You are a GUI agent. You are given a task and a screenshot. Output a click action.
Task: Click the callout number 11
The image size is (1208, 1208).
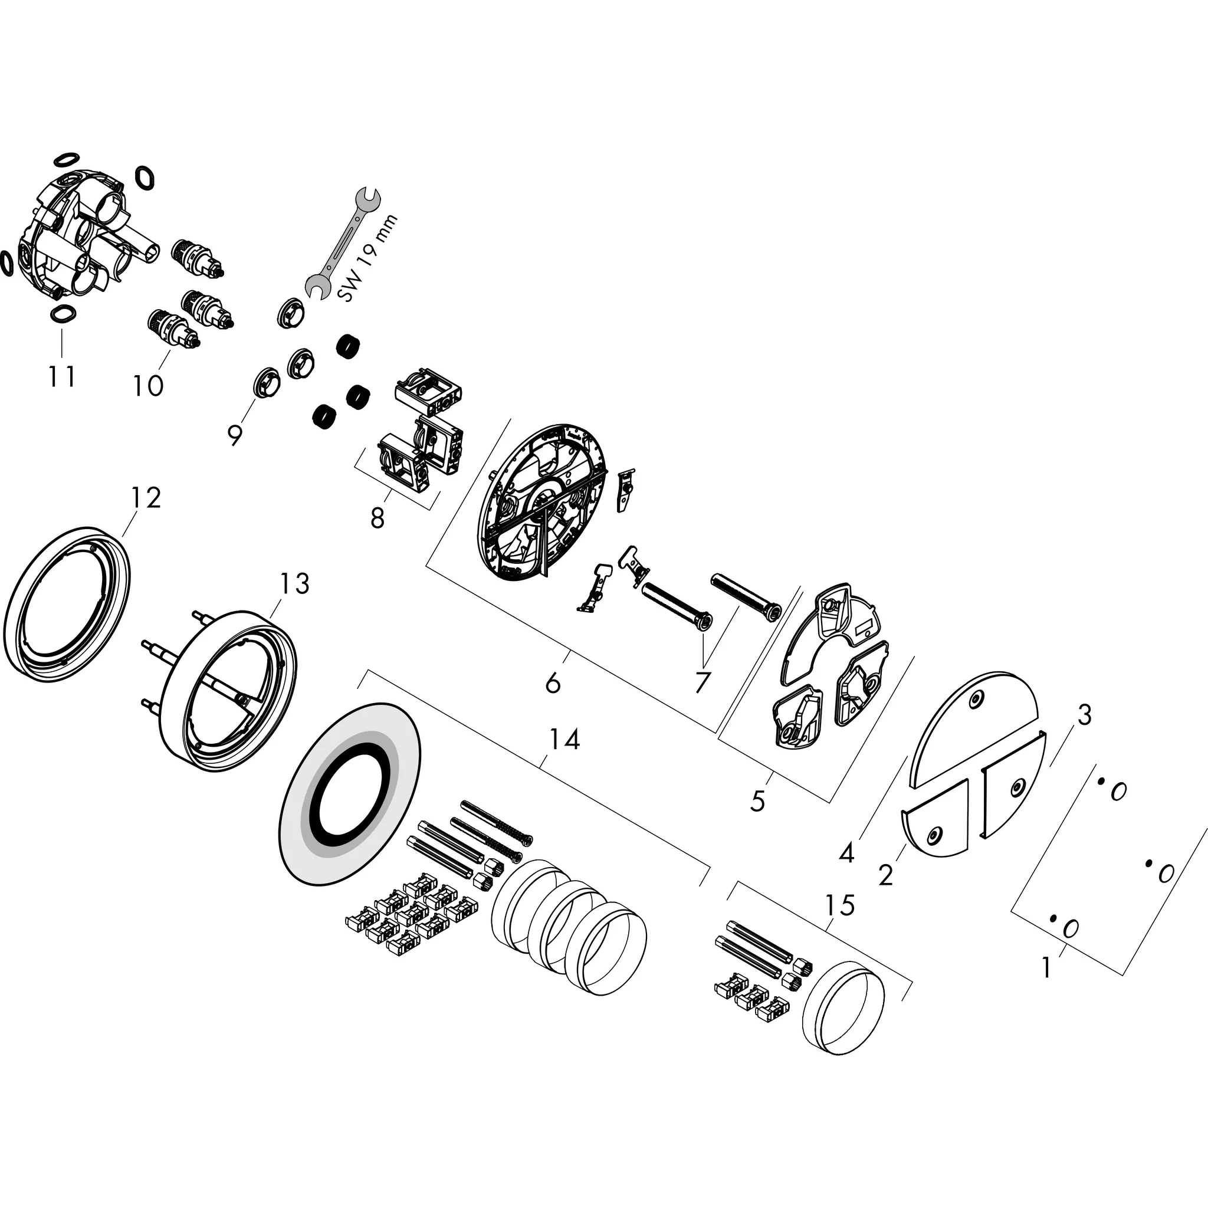tap(63, 376)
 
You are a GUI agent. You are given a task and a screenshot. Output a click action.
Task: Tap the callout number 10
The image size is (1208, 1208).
tap(148, 385)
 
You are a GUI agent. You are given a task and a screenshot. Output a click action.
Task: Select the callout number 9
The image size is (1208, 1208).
tap(235, 435)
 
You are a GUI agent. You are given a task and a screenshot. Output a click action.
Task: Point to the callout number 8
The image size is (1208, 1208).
tap(377, 518)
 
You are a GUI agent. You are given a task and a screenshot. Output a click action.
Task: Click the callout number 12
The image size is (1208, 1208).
tap(146, 498)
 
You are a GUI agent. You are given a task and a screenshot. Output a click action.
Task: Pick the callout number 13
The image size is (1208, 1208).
tap(294, 583)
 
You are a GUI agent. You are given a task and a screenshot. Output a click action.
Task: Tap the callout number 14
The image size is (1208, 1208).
tap(564, 740)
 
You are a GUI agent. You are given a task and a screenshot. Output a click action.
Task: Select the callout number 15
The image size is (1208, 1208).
tap(839, 905)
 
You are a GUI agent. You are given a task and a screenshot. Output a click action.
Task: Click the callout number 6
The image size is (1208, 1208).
tap(553, 684)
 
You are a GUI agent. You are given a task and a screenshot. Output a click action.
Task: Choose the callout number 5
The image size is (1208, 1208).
tap(758, 801)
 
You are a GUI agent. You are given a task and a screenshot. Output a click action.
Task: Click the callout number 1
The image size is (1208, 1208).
tap(1048, 968)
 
